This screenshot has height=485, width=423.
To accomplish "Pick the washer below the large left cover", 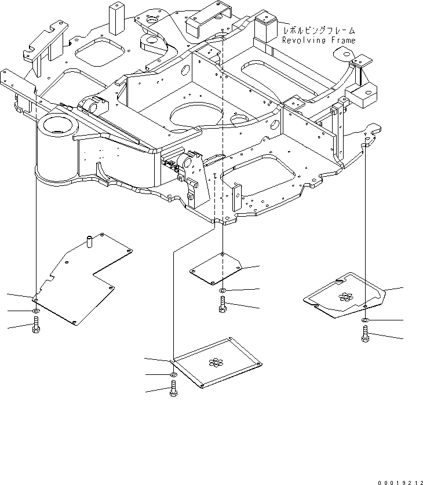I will tap(36, 312).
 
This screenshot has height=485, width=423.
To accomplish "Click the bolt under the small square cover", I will tap(223, 304).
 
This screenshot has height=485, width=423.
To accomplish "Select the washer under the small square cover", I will tap(223, 290).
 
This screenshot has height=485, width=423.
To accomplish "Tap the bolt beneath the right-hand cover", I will tap(366, 334).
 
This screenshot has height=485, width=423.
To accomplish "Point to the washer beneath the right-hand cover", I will tap(365, 320).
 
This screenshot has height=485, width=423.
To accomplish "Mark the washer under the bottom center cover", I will tap(173, 375).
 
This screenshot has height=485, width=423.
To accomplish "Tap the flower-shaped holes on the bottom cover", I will tap(216, 363).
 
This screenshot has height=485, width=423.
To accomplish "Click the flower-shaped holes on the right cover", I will tap(346, 297).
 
